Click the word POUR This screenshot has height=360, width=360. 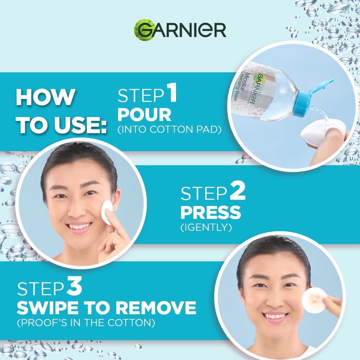click(144, 114)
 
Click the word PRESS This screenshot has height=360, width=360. click(211, 212)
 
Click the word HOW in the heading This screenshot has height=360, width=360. click(45, 97)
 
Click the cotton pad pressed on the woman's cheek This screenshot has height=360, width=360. click(107, 212)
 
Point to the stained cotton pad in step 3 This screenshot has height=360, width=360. click(314, 300)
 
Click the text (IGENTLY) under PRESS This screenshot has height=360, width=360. click(206, 227)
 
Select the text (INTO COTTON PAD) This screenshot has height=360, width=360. click(170, 130)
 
